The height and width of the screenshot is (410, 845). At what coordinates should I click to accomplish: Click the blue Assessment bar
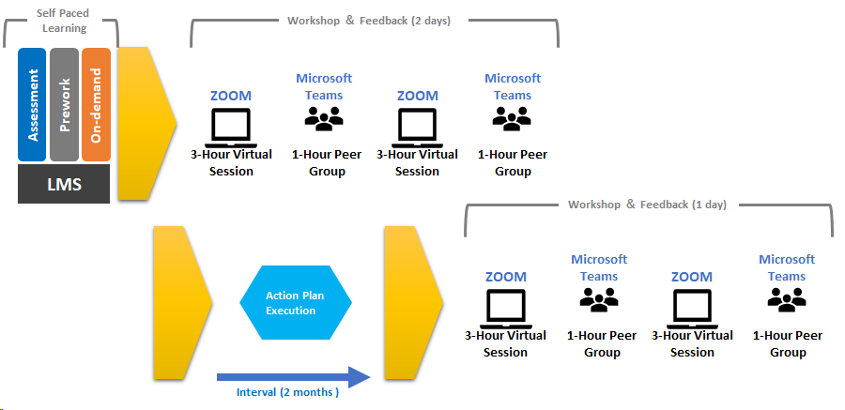pos(32,104)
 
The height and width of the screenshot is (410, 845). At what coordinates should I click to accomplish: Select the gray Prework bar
pos(64,104)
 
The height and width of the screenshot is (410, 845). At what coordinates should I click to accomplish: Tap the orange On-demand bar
pos(96,104)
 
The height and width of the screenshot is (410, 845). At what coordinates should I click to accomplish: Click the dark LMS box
pos(64,184)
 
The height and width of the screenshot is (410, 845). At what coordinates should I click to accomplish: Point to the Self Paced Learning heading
pos(63,21)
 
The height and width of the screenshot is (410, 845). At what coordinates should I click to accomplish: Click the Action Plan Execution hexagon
pos(296,302)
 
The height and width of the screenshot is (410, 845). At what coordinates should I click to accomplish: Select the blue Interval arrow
pos(294,377)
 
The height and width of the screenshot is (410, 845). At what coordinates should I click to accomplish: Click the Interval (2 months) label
pos(288,392)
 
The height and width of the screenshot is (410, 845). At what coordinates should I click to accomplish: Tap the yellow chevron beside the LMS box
pos(147,124)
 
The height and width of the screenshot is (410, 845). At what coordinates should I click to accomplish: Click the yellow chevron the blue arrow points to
pos(413,303)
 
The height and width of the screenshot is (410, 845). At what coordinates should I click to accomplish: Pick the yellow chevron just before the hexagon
pos(183,303)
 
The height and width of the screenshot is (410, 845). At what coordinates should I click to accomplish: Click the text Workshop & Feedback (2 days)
pos(369,21)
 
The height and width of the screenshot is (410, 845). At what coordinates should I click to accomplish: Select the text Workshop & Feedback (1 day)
pos(647,205)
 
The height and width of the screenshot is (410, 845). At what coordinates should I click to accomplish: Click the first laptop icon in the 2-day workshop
pos(231,128)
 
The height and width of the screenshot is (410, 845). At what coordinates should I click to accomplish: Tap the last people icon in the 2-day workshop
pos(512,118)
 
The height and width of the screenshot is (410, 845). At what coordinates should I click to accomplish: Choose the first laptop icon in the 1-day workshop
pos(505,309)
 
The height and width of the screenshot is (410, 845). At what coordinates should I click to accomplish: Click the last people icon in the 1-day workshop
pos(787,299)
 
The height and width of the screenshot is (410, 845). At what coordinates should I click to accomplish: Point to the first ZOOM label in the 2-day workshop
pos(231,96)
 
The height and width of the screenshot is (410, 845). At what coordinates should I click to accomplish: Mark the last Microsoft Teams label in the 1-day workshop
pos(787,267)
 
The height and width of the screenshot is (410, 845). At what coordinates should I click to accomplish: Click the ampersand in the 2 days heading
pos(350,21)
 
